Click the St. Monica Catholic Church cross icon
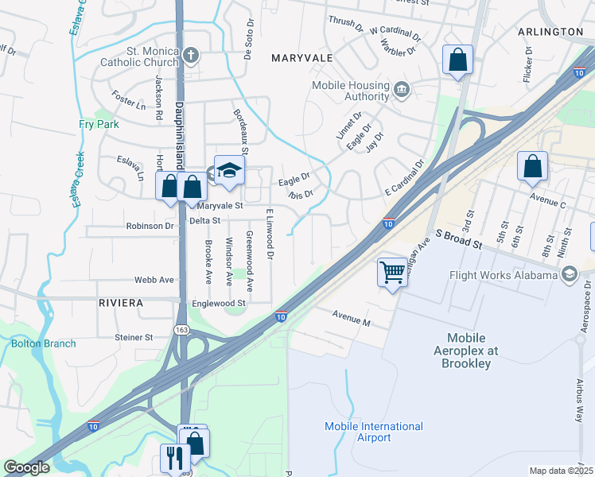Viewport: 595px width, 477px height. [190, 56]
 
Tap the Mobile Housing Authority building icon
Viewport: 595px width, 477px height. [402, 88]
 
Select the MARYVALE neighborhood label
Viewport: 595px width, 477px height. [301, 58]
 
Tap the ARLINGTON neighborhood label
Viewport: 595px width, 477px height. [550, 31]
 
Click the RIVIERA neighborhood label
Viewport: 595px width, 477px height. [121, 303]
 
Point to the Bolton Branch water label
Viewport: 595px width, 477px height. [44, 343]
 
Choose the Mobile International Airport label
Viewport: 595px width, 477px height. [373, 432]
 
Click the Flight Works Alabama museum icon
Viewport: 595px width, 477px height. [569, 275]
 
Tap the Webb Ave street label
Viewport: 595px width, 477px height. [154, 280]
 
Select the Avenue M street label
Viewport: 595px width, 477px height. [352, 322]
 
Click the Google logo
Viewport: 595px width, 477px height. [28, 467]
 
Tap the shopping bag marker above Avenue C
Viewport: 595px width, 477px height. [532, 167]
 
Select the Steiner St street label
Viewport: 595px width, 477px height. [133, 337]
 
